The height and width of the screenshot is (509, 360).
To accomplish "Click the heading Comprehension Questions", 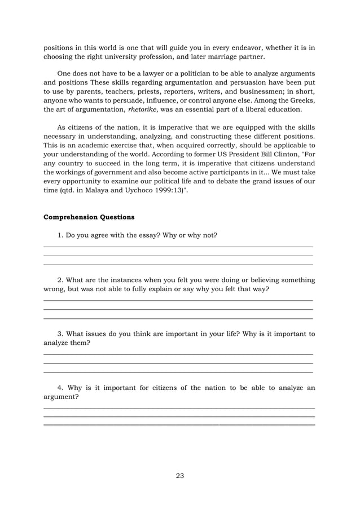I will point(89,216).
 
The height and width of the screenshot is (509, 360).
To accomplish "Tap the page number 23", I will point(180,476).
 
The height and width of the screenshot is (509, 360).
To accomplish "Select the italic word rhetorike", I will point(144,109).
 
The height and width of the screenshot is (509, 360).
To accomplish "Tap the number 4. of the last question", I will point(61,388).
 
